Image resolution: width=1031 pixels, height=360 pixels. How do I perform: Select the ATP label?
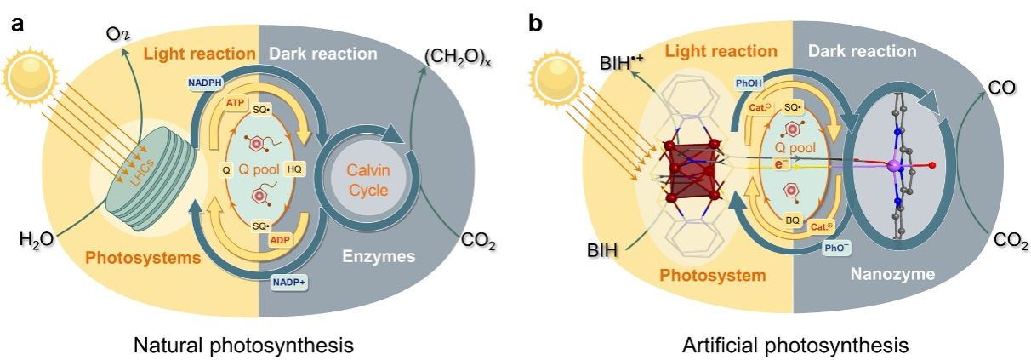pos(236,102)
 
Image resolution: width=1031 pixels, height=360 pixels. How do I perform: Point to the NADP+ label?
pos(290,281)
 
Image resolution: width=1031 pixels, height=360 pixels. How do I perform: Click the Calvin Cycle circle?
pos(369,167)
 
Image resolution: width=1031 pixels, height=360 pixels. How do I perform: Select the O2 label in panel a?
pos(117,36)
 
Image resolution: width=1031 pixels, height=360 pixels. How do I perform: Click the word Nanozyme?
pos(893,275)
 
